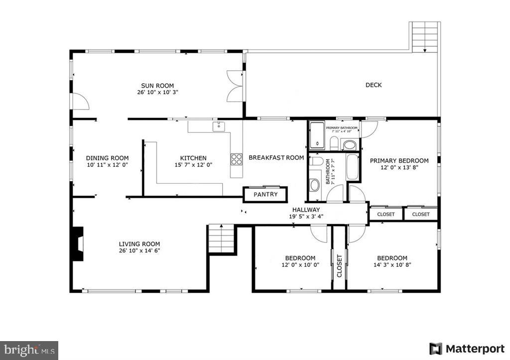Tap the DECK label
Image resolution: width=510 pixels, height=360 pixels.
pyautogui.click(x=374, y=85)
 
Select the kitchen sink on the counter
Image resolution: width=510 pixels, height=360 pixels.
pyautogui.click(x=219, y=126)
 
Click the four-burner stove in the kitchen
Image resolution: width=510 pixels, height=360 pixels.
pyautogui.click(x=236, y=159)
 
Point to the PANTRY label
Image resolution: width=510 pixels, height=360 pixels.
pyautogui.click(x=265, y=194)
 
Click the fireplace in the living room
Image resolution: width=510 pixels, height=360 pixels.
pyautogui.click(x=78, y=244)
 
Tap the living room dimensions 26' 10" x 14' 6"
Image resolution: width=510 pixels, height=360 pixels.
pyautogui.click(x=139, y=250)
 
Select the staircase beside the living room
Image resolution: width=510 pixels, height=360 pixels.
pyautogui.click(x=221, y=239)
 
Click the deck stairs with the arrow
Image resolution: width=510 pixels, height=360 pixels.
pyautogui.click(x=425, y=37)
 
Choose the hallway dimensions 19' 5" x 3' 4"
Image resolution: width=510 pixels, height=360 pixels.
pyautogui.click(x=306, y=217)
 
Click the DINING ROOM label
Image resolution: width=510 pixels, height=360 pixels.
pyautogui.click(x=108, y=158)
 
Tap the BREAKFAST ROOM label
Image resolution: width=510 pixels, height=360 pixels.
pyautogui.click(x=276, y=158)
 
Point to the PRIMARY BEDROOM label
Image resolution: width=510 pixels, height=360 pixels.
pyautogui.click(x=399, y=161)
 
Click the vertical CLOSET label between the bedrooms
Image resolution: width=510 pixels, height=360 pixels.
pyautogui.click(x=339, y=265)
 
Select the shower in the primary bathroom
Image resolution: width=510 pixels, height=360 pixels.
pyautogui.click(x=317, y=135)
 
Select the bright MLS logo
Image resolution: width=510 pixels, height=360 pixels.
pyautogui.click(x=29, y=350)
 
